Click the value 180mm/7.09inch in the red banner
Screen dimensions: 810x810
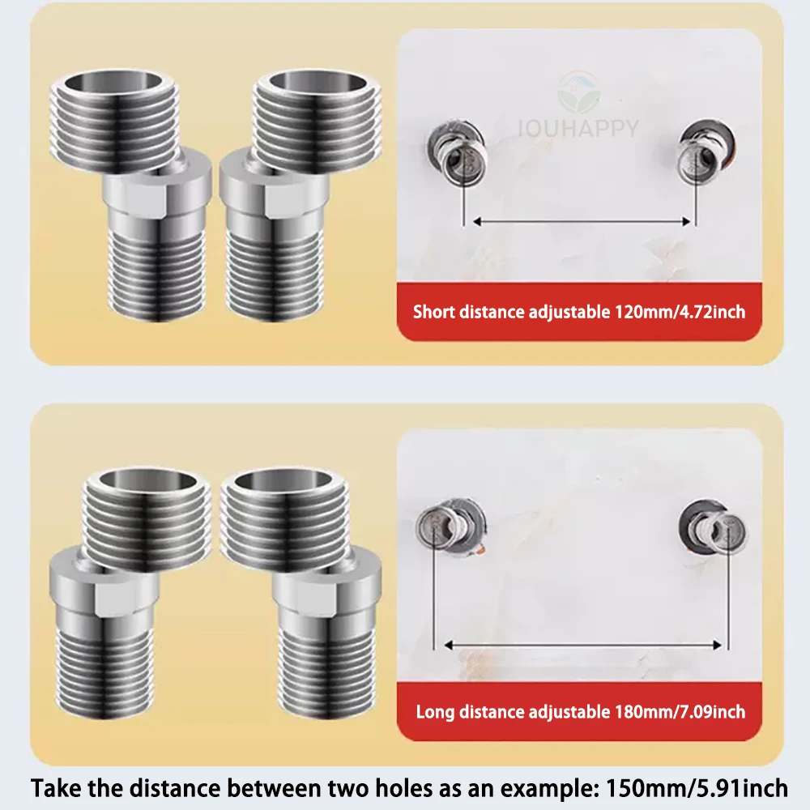(x=680, y=712)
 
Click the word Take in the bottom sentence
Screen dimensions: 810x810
(x=55, y=787)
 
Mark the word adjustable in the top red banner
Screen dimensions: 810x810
(x=568, y=312)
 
